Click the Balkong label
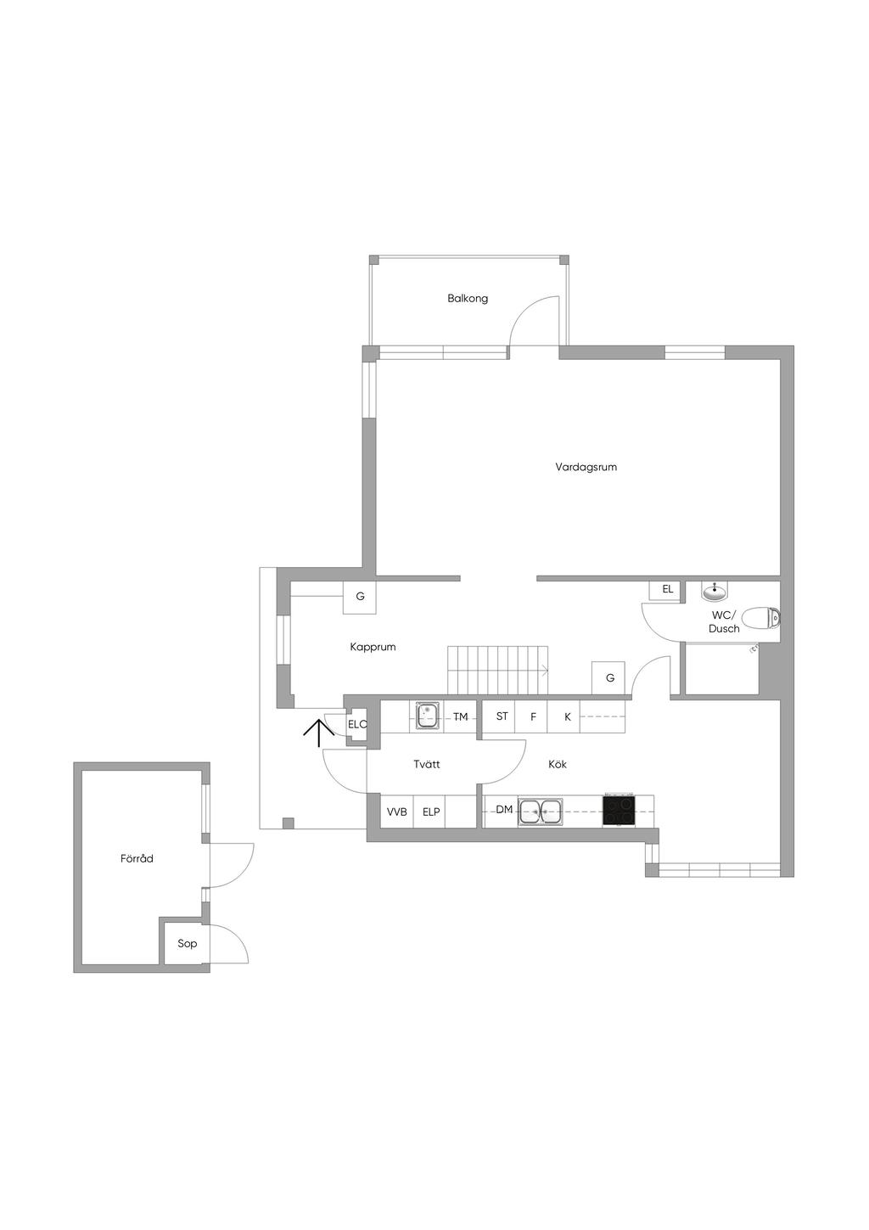click(467, 299)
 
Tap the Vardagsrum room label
click(586, 467)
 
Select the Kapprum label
click(373, 648)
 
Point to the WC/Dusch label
click(724, 623)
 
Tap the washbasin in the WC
click(715, 592)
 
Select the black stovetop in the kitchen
click(619, 810)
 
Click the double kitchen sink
click(541, 811)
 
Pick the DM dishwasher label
click(504, 809)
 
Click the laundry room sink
click(427, 716)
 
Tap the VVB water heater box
click(396, 811)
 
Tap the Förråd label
click(137, 858)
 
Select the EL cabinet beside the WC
click(665, 590)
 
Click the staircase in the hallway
click(498, 670)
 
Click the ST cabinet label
click(502, 716)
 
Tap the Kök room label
click(558, 764)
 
